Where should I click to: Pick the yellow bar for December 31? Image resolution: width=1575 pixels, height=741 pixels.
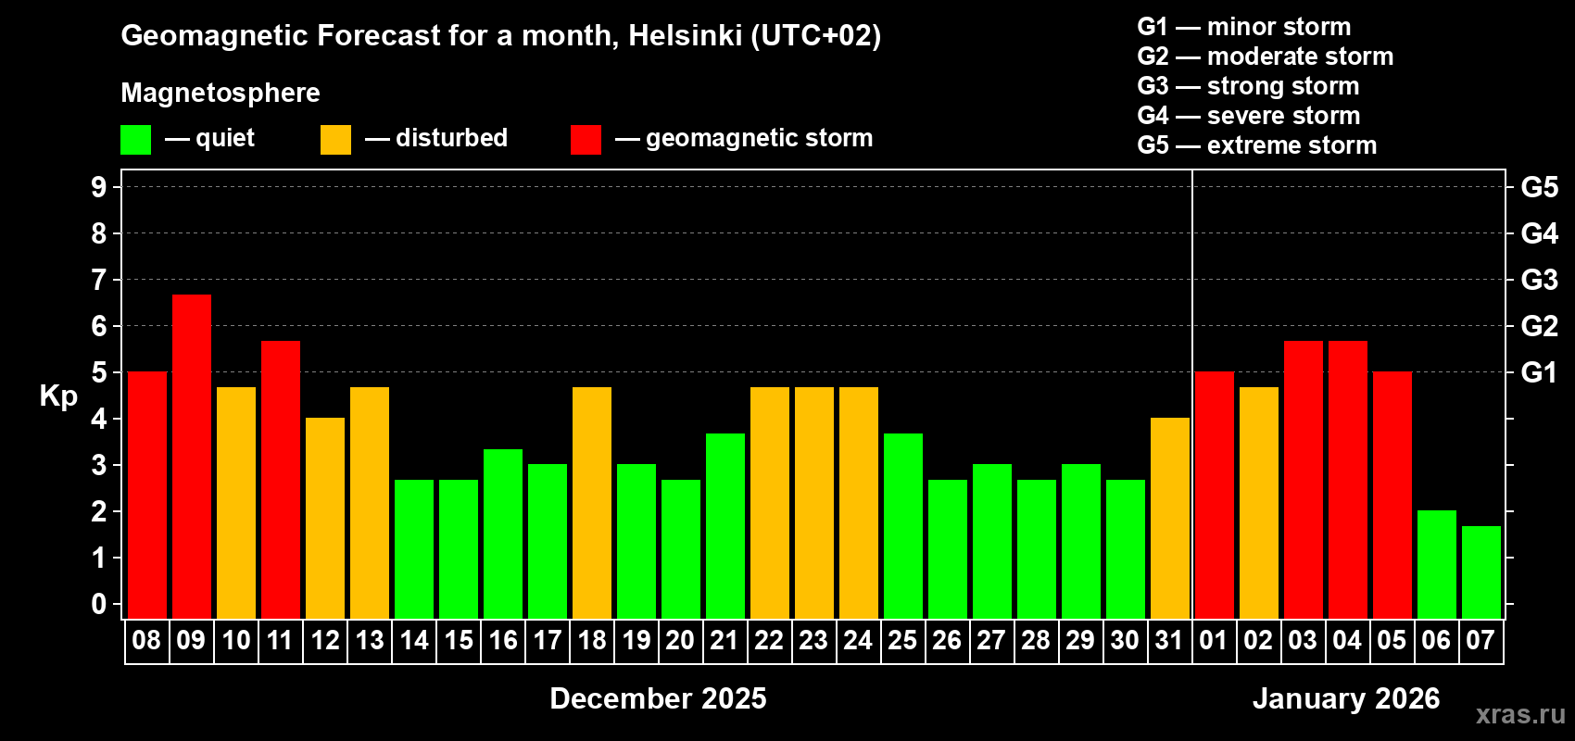(x=1170, y=518)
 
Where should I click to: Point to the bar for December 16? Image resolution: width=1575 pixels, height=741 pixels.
(x=503, y=534)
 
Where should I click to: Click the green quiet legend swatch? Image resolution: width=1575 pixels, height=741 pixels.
(x=136, y=140)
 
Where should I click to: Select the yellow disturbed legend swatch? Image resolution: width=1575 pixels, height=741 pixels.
(x=335, y=140)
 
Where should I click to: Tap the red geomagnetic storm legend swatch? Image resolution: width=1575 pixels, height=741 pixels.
(x=586, y=140)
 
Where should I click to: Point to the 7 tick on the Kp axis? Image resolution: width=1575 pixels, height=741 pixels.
(x=99, y=280)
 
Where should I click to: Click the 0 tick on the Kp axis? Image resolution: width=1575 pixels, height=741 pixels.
(x=99, y=605)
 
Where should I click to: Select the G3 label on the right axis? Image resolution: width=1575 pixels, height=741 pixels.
(x=1539, y=280)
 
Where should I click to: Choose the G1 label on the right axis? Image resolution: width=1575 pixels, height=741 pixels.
(x=1539, y=372)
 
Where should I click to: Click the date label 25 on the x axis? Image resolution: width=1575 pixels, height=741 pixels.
(x=902, y=641)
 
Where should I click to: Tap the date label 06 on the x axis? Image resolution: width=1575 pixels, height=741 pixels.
(x=1436, y=641)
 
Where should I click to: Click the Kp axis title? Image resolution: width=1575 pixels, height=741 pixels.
(x=58, y=396)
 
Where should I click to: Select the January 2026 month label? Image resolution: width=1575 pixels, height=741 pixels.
(x=1346, y=698)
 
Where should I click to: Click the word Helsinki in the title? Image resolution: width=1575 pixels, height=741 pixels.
(x=685, y=35)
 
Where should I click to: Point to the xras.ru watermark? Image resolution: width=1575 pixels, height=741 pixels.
(x=1520, y=714)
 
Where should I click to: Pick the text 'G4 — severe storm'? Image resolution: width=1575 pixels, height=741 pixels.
(x=1249, y=116)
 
